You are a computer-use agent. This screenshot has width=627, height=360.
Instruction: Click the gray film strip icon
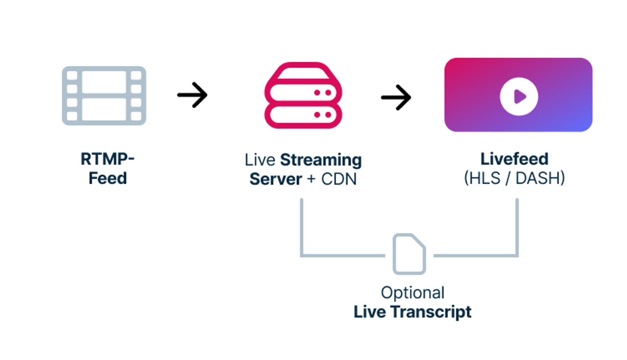(x=104, y=96)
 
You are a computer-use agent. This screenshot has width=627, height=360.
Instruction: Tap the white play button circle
(x=519, y=96)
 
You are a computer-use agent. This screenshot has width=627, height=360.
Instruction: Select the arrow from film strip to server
(x=193, y=95)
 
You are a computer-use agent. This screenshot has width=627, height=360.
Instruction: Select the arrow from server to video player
(x=396, y=97)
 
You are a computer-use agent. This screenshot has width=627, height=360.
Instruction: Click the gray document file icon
(x=409, y=254)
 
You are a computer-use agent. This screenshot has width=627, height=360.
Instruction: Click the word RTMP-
(x=107, y=159)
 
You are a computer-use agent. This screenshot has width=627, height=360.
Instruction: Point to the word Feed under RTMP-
(x=107, y=178)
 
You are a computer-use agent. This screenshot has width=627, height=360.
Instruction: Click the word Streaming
(x=321, y=160)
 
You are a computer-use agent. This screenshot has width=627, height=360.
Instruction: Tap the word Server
(x=275, y=179)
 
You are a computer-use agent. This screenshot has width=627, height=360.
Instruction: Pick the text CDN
(x=339, y=179)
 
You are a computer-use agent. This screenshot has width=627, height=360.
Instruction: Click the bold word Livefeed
(x=514, y=159)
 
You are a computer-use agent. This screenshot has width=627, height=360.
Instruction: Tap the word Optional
(x=412, y=292)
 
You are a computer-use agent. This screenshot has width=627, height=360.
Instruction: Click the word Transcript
(x=431, y=312)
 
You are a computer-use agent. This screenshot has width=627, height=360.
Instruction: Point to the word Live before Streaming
(x=260, y=160)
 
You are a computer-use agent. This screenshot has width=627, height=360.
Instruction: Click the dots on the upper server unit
(x=323, y=93)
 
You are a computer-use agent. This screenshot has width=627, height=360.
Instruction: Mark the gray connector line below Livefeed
(x=517, y=225)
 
